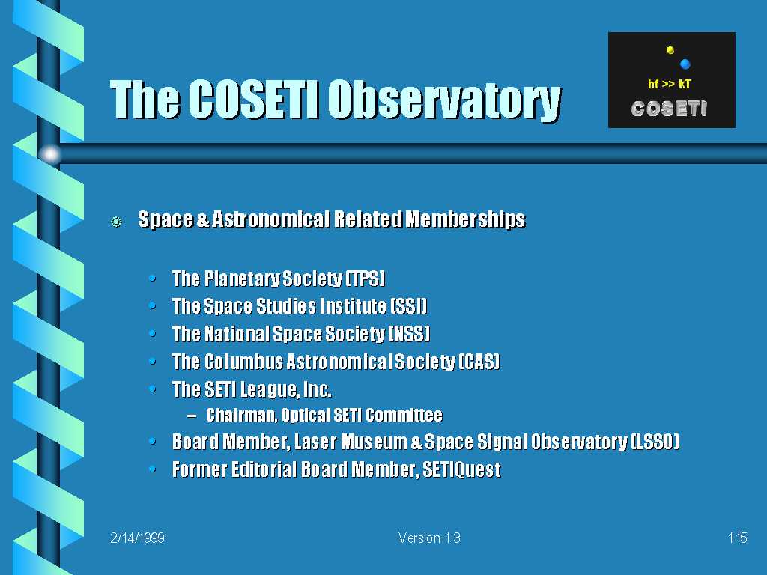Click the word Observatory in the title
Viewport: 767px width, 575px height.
[444, 100]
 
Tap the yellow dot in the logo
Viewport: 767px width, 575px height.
[670, 50]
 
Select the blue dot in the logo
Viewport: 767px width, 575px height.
[685, 64]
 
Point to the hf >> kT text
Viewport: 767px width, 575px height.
[669, 84]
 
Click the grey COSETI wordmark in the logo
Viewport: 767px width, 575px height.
[669, 109]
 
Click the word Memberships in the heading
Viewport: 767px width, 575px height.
[466, 219]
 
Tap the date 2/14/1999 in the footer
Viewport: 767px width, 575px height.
[138, 538]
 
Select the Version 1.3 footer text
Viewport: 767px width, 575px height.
[429, 538]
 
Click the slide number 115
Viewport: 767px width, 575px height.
[737, 538]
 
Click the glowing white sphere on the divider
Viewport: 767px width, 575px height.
[50, 154]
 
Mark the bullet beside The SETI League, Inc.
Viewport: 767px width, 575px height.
[153, 389]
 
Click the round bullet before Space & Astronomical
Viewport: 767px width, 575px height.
[116, 222]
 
